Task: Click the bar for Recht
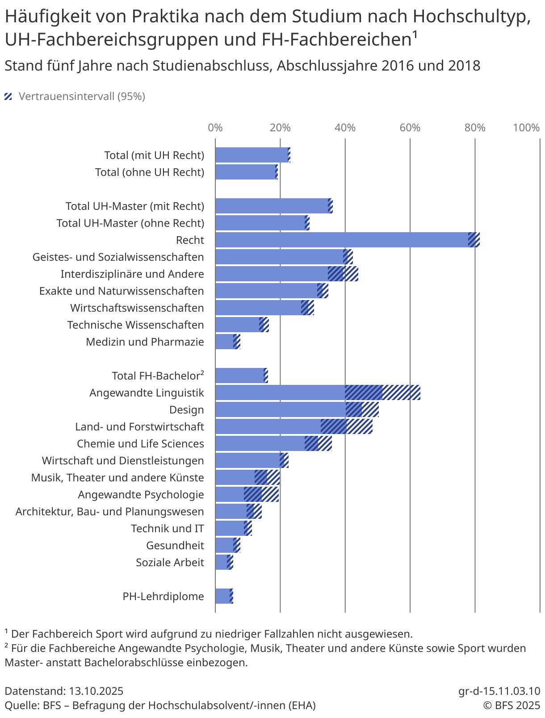[342, 240]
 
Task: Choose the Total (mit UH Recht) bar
[252, 155]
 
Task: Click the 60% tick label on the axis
[410, 128]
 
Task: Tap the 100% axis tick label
[526, 128]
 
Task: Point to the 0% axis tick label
[215, 128]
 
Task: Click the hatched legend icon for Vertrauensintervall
[8, 96]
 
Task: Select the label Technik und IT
[167, 528]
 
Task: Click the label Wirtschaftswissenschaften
[137, 308]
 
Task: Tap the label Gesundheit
[175, 545]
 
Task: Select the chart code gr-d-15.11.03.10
[499, 691]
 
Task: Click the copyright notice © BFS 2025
[511, 705]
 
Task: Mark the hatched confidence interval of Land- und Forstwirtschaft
[347, 426]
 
